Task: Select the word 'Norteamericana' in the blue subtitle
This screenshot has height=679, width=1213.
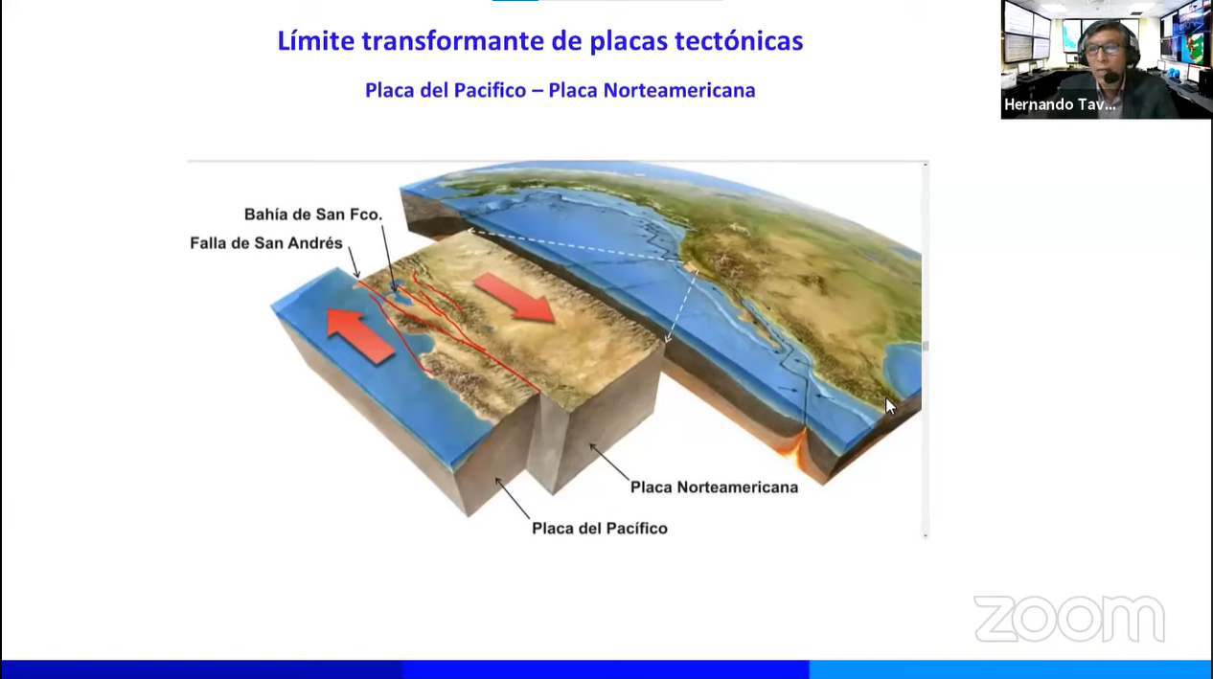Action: click(x=679, y=90)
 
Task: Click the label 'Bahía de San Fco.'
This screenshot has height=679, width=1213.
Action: click(x=313, y=215)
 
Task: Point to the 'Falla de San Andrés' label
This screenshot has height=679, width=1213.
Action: click(x=266, y=243)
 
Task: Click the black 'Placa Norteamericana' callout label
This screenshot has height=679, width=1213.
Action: click(x=714, y=487)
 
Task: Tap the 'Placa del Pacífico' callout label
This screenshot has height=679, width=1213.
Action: click(x=600, y=528)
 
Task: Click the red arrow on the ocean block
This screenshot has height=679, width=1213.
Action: click(x=360, y=336)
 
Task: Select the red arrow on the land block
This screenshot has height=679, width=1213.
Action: click(x=515, y=297)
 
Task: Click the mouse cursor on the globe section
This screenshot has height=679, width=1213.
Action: click(x=890, y=406)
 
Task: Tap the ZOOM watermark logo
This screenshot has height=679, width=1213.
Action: click(x=1069, y=619)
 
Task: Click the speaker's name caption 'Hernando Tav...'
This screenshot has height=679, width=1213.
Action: click(x=1060, y=104)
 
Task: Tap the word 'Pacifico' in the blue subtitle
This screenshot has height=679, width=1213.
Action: click(x=490, y=90)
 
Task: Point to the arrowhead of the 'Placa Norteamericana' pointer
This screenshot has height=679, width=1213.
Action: click(x=592, y=446)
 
